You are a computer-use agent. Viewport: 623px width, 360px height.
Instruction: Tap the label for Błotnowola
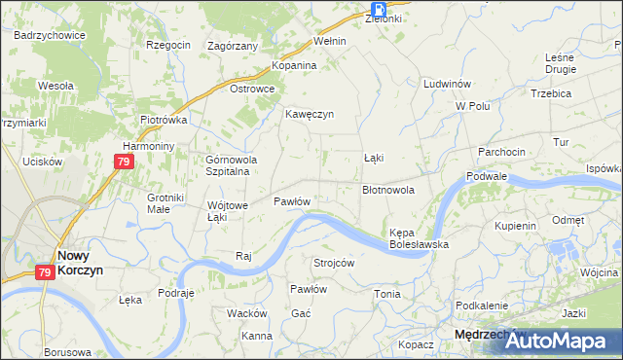388,191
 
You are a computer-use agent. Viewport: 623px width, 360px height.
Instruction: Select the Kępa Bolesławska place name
419,238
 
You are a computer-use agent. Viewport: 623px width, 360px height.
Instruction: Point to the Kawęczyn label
310,114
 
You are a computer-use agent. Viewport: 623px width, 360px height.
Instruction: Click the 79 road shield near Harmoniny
122,163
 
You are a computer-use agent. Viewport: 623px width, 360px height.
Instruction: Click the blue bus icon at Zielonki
377,7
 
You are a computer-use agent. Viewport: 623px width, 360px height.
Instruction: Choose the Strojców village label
333,264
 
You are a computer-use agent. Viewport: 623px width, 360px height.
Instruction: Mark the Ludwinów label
448,85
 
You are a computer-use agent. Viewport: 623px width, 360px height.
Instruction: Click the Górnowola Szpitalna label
229,165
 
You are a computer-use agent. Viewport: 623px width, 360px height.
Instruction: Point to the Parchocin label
501,152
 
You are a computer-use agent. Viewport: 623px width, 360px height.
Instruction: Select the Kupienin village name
516,226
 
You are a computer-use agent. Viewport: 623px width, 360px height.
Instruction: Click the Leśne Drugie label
561,63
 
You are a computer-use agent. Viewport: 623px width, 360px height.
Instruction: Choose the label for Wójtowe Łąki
229,211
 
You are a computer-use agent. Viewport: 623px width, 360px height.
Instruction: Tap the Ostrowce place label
252,89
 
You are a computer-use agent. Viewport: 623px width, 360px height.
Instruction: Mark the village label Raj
244,256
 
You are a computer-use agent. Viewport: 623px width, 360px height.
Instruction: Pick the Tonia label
387,294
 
